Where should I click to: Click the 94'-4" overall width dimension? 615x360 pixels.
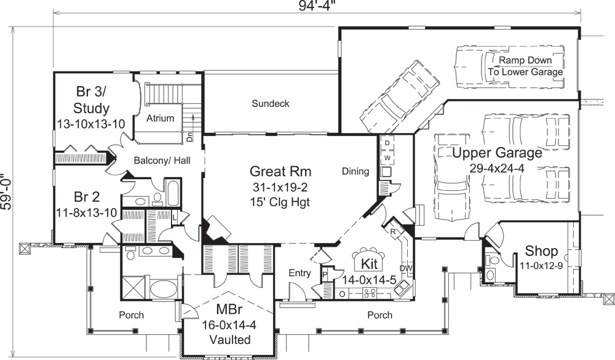click(x=317, y=7)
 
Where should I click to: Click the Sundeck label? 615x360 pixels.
click(x=270, y=103)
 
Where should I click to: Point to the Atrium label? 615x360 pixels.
click(x=161, y=118)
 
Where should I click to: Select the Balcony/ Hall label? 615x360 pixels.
click(x=161, y=160)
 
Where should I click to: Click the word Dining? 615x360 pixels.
click(x=355, y=172)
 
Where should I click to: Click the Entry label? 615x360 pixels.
click(x=299, y=273)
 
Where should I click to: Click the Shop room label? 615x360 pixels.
click(x=541, y=251)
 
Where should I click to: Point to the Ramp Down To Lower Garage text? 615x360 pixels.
click(x=525, y=66)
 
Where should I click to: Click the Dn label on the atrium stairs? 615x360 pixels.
click(x=189, y=138)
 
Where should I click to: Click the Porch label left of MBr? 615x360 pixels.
click(x=131, y=315)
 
